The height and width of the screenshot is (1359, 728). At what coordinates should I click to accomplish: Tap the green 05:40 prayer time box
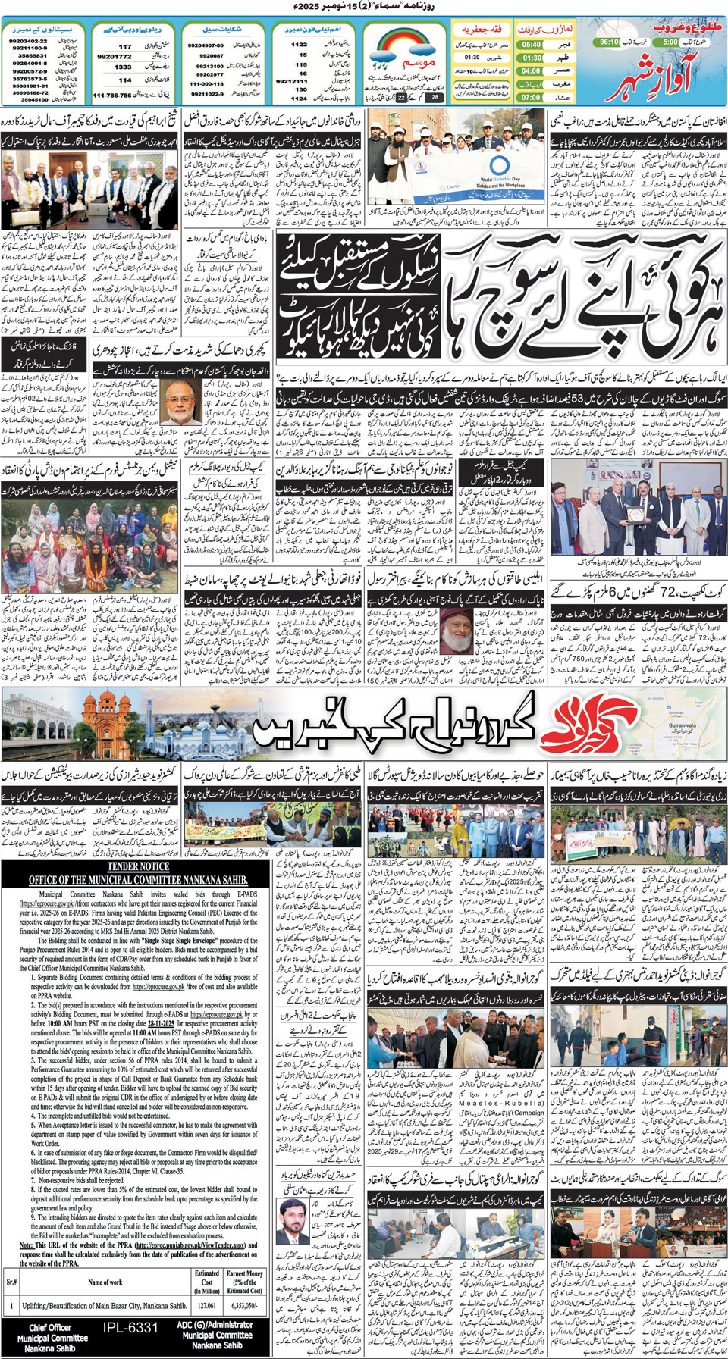pos(532,45)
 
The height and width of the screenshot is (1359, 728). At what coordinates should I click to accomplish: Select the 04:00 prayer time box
pos(532,70)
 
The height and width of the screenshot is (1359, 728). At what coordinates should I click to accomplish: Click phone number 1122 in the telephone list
pos(300,45)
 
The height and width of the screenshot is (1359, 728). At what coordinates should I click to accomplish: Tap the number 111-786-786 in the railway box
pos(112,96)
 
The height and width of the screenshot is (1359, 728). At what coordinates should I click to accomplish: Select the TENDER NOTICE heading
pos(138,866)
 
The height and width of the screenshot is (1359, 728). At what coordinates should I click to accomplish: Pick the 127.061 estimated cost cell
pos(206,1306)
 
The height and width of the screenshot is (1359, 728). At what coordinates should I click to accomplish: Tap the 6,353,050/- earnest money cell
pos(244,1306)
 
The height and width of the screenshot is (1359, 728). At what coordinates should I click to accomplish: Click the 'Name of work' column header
pos(105,1282)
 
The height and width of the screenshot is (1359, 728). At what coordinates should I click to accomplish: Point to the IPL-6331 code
pos(131,1328)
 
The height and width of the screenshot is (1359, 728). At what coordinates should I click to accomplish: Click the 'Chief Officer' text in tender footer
pos(50,1327)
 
